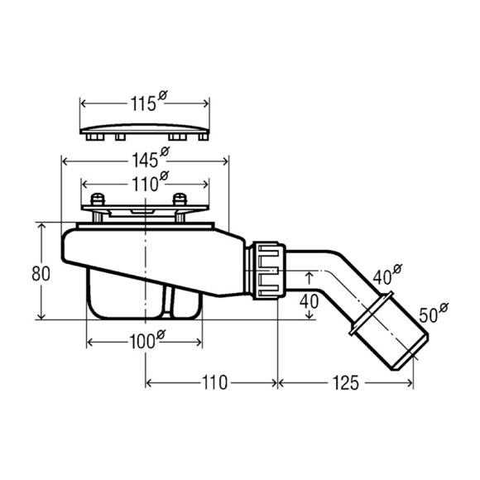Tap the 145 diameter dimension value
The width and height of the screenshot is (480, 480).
pyautogui.click(x=151, y=157)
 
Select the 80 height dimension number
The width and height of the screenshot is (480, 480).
pyautogui.click(x=41, y=273)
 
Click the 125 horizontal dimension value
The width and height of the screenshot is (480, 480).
pyautogui.click(x=345, y=382)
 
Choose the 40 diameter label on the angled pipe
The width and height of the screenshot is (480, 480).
pyautogui.click(x=387, y=275)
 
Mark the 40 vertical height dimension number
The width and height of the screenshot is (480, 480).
pyautogui.click(x=309, y=301)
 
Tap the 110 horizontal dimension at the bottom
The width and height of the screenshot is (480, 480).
pyautogui.click(x=214, y=382)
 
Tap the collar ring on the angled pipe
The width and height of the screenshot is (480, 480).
pyautogui.click(x=372, y=313)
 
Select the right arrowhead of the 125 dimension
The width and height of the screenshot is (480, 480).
pyautogui.click(x=410, y=382)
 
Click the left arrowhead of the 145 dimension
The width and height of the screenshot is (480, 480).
pyautogui.click(x=65, y=161)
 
